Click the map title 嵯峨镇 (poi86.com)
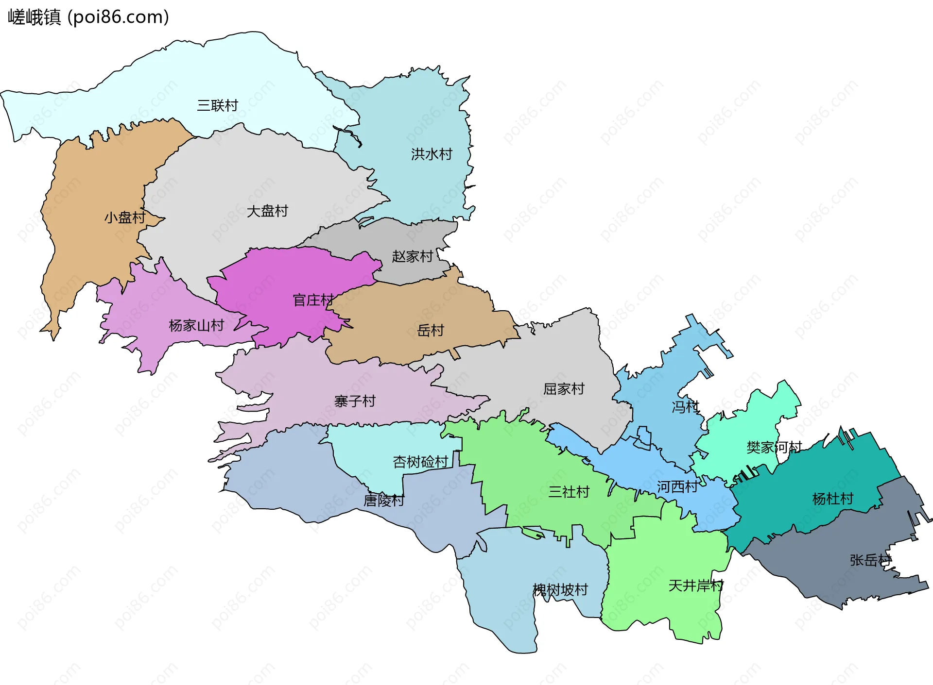88,17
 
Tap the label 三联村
217,105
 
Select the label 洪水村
432,154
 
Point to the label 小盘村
125,217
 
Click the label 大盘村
267,211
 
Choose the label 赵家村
413,256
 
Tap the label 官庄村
313,300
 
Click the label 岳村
431,331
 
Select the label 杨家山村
196,325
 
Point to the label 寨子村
355,401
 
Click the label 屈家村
564,389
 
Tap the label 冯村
685,407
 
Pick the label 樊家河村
774,447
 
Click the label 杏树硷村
420,462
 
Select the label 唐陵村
384,501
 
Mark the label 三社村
569,492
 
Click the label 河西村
677,487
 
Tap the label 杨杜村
833,499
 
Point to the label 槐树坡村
560,590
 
